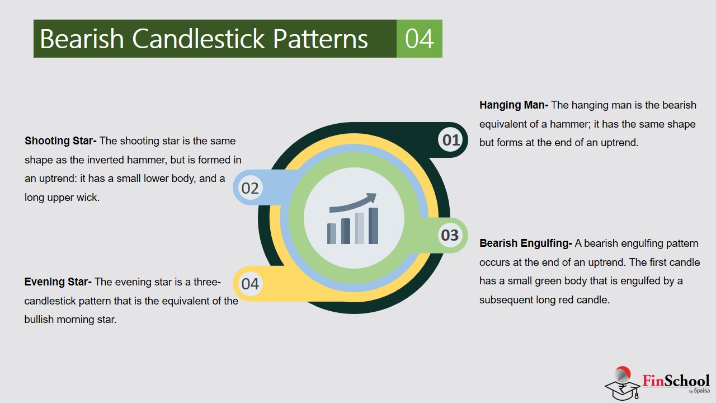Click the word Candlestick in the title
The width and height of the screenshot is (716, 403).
click(199, 39)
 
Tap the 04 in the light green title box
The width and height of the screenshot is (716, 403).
click(420, 39)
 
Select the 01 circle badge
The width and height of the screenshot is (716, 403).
click(451, 140)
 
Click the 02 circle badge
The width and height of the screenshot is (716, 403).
click(250, 188)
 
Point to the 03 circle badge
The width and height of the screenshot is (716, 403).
click(450, 235)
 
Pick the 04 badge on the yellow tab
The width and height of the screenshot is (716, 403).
click(250, 284)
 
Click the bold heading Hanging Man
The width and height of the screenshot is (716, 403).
click(514, 105)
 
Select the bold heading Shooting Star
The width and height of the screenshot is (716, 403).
click(60, 141)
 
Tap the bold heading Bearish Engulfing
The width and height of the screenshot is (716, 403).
click(525, 243)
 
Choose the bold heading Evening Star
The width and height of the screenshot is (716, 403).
click(58, 282)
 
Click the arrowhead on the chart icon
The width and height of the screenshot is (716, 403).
click(372, 198)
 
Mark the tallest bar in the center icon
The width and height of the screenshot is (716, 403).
click(373, 226)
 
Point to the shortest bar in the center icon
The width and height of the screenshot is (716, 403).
click(332, 233)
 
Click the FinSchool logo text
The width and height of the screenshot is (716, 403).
click(676, 381)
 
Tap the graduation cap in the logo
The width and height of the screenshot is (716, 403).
click(623, 390)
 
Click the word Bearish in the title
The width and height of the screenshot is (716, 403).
click(82, 39)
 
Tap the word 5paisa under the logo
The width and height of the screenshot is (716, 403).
click(702, 391)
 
